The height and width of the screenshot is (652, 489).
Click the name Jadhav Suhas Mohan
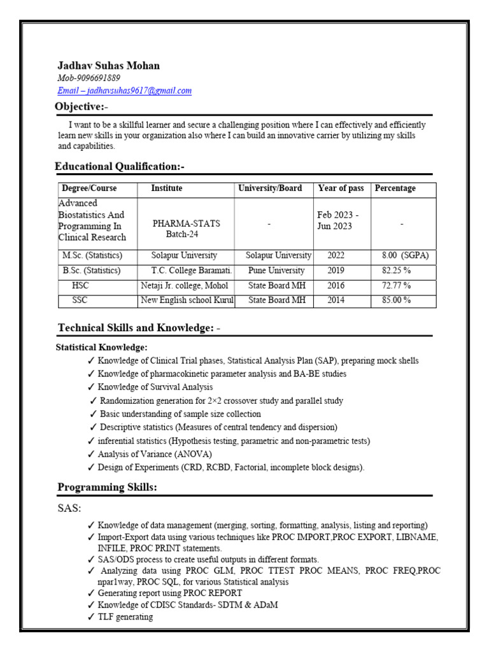108,66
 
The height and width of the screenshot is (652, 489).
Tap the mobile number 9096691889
89,78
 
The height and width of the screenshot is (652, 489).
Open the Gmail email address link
124,90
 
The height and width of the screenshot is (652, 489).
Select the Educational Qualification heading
120,166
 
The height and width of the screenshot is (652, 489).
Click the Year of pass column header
341,188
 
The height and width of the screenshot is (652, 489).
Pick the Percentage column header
395,188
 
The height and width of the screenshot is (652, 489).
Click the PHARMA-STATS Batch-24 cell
186,229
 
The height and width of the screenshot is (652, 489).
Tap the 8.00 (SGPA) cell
405,255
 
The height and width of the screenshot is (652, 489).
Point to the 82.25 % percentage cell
396,271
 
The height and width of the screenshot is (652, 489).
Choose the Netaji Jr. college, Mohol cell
185,286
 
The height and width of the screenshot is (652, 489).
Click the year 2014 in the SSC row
336,300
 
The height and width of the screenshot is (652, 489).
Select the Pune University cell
274,271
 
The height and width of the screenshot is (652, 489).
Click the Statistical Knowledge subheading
101,347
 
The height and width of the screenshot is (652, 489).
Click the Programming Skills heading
107,487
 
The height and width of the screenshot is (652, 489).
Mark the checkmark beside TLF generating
92,617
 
